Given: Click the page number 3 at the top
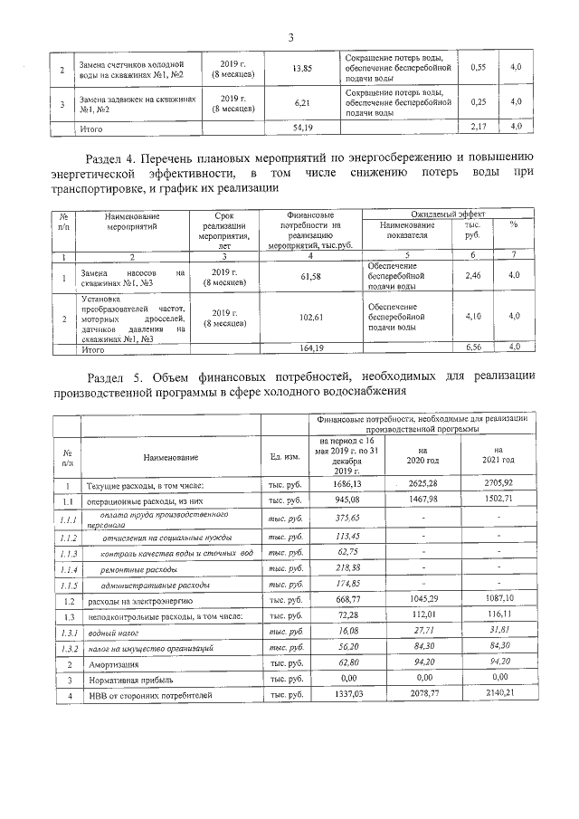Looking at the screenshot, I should [x=290, y=37].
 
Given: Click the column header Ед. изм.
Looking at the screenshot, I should [x=285, y=456].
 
